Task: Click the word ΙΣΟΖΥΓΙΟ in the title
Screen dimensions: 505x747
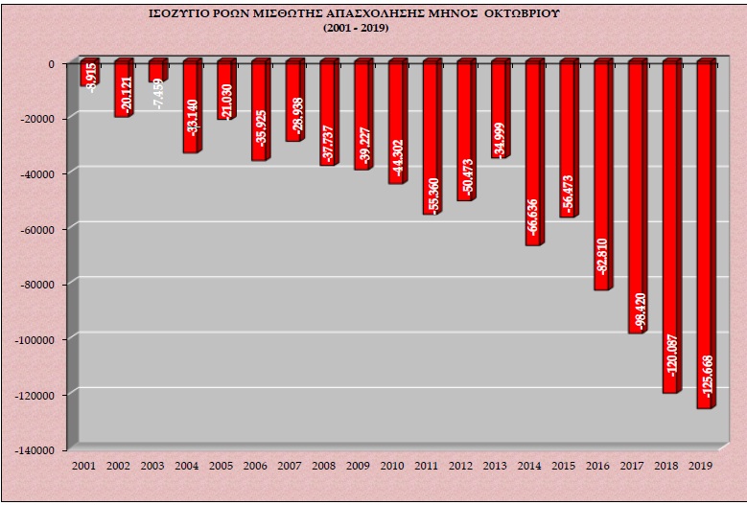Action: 182,16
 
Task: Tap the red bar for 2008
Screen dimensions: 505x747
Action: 327,114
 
